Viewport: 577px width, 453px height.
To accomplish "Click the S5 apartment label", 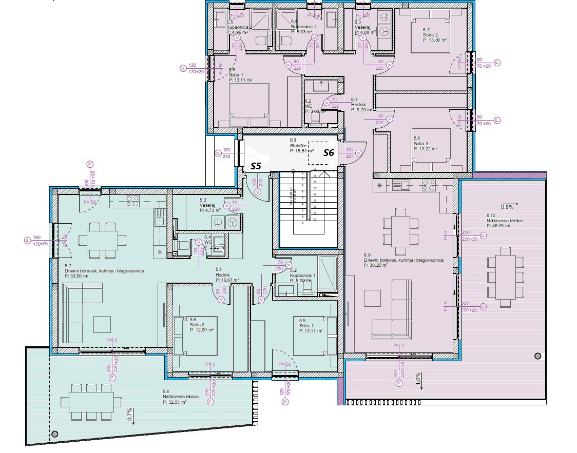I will (x=256, y=166).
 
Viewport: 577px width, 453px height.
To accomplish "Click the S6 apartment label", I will (x=329, y=152).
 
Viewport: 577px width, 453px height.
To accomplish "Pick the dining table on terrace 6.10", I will (x=502, y=278).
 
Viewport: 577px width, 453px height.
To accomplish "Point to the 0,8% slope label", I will (x=507, y=207).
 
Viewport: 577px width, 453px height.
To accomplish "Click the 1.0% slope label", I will (x=418, y=379).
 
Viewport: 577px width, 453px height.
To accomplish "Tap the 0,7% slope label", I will (x=130, y=415).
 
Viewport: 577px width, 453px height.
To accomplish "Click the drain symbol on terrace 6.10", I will (x=537, y=356).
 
